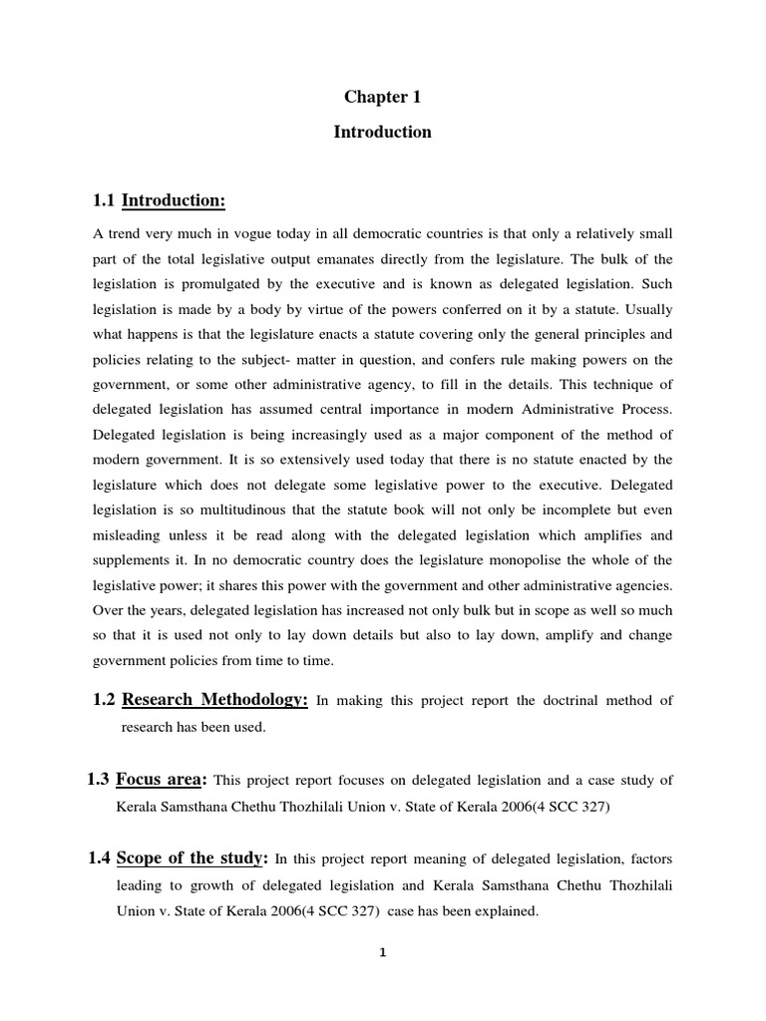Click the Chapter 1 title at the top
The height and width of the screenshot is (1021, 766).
[x=382, y=98]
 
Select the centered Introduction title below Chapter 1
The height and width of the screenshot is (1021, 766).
[x=382, y=132]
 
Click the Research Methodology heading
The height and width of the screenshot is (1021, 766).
[x=213, y=701]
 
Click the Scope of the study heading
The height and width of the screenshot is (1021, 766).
[x=192, y=857]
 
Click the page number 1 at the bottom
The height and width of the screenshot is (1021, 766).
[x=382, y=952]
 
